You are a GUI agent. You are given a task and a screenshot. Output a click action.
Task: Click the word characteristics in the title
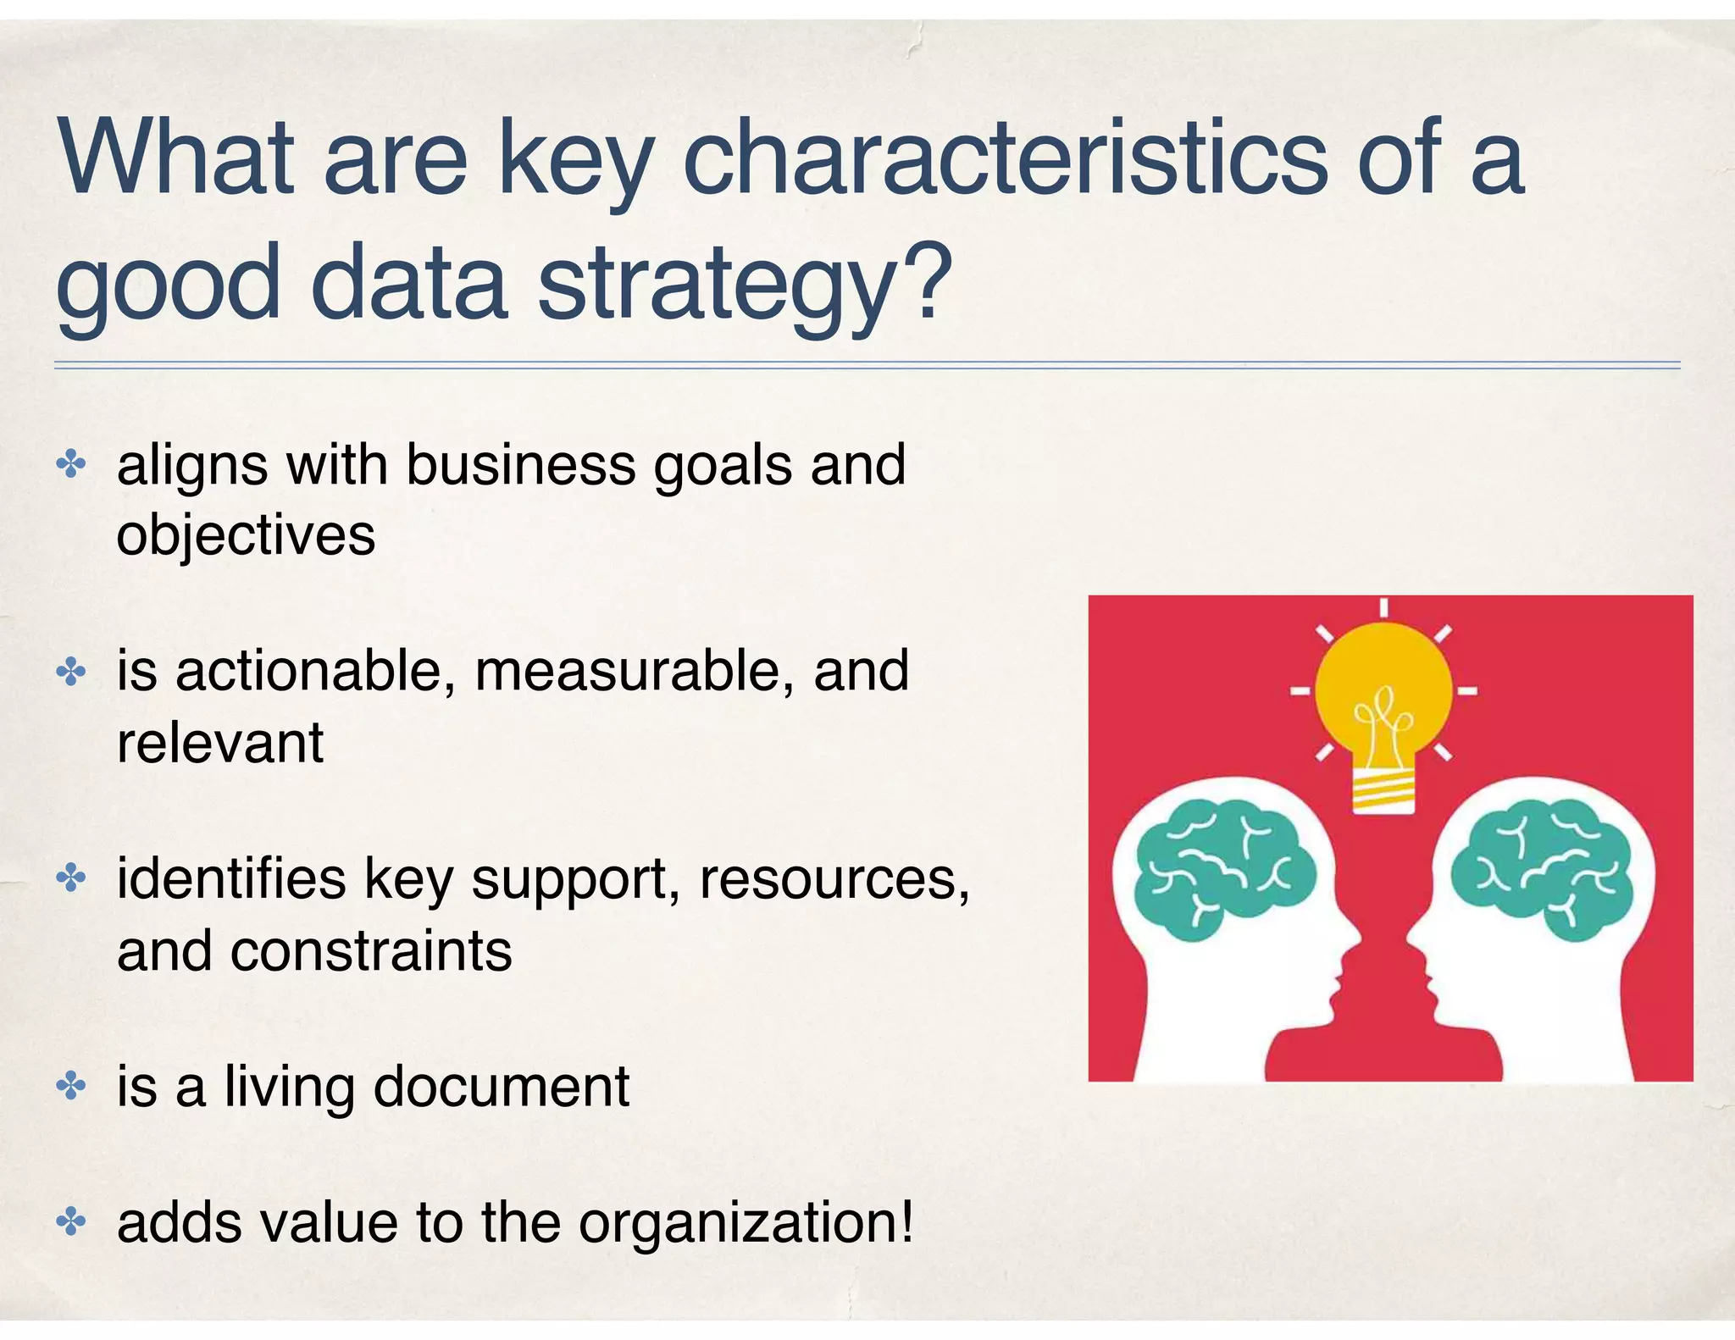tap(1005, 159)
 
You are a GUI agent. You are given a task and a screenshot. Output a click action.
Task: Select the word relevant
tap(220, 743)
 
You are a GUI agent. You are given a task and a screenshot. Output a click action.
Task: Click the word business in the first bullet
tap(520, 465)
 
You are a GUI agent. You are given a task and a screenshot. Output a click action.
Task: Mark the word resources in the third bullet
tap(834, 878)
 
